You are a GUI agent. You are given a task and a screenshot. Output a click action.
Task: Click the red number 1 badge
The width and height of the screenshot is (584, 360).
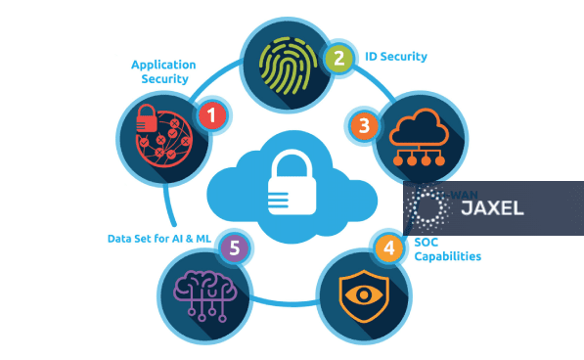pos(210,116)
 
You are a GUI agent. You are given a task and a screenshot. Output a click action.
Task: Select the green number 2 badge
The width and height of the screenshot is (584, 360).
pos(338,58)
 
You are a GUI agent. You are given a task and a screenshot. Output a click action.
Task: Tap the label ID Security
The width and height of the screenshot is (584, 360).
pos(395,57)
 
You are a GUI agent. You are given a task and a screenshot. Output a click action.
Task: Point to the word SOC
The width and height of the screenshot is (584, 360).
pos(427,242)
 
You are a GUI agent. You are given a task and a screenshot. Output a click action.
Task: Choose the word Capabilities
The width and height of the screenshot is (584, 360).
pos(447,257)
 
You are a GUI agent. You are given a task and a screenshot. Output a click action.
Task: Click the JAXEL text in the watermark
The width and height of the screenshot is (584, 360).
pos(492,207)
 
